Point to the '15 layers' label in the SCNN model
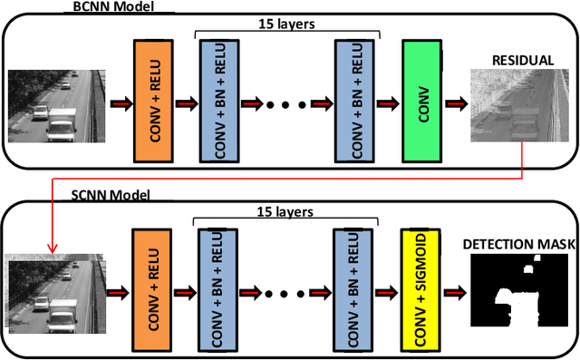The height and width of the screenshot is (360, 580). click(288, 211)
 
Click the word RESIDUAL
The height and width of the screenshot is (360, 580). click(522, 61)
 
